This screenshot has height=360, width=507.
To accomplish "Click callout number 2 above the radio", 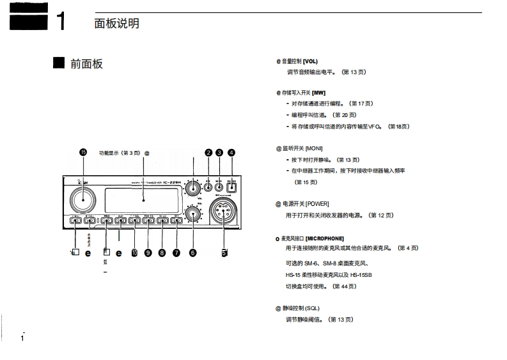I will point(208,152).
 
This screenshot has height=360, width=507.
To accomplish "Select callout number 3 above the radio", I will point(219,152).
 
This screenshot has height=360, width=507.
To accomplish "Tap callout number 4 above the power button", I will point(231,152).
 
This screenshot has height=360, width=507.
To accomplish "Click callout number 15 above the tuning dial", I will point(82,152).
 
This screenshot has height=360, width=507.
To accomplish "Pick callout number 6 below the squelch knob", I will point(192,253).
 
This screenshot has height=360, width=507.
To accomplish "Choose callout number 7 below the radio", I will point(176,253).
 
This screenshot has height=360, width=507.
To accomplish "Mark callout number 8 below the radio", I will point(162,253).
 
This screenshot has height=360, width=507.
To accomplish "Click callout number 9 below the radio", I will point(148,253).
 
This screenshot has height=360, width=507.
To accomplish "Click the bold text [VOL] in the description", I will point(310,61).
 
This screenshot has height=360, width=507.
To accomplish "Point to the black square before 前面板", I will point(59,63).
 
